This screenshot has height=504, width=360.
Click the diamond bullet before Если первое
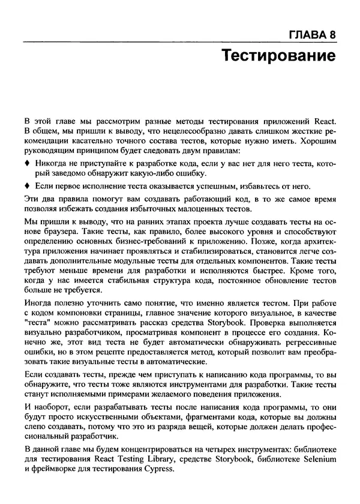[x=27, y=187]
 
